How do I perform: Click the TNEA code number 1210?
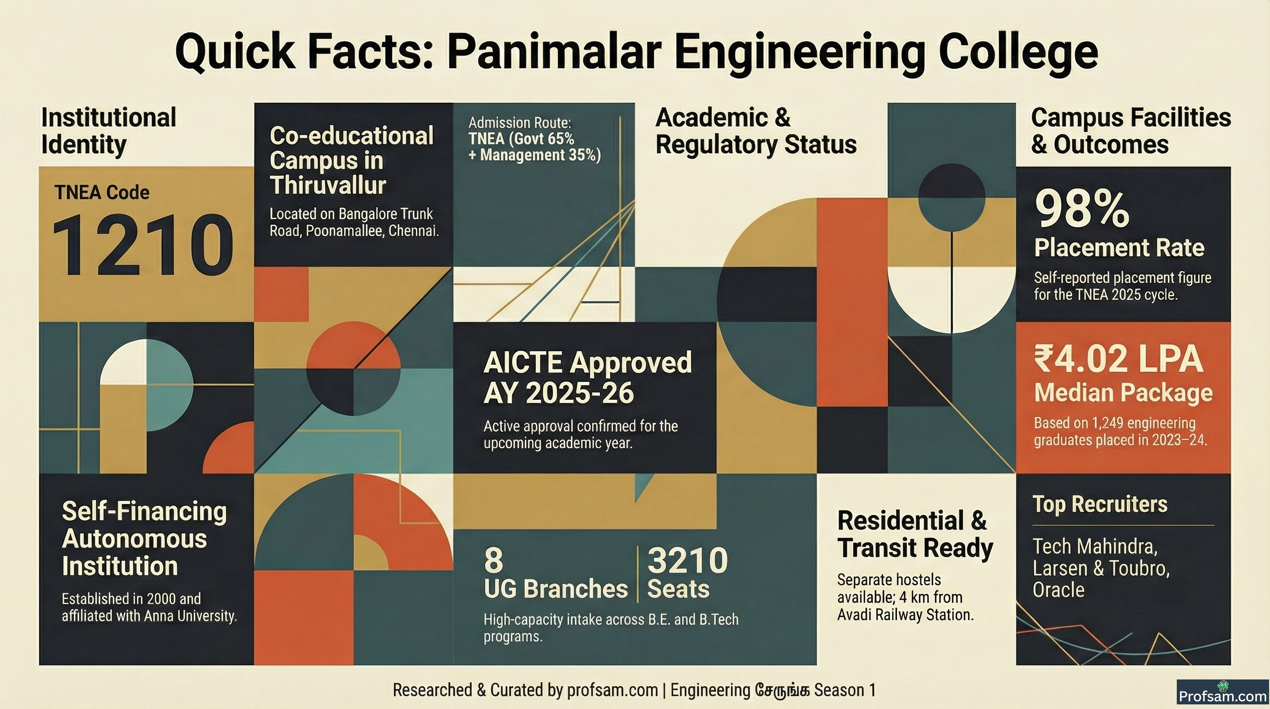point(143,245)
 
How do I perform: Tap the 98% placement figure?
point(1082,209)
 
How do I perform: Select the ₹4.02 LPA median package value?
point(1118,359)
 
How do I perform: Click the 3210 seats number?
point(687,560)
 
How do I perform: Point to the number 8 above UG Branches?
point(493,560)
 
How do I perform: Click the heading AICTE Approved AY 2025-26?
point(587,378)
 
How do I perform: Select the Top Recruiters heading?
point(1100,504)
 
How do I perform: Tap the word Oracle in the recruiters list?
point(1059,590)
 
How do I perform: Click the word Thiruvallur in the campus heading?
point(327,186)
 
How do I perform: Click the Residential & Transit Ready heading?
point(915,535)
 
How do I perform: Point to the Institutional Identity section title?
point(108,131)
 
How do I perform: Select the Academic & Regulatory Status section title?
point(756,131)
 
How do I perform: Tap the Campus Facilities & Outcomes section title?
point(1131,131)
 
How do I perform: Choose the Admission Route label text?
point(520,122)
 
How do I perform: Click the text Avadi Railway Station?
point(905,615)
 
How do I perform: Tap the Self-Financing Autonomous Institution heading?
point(144,538)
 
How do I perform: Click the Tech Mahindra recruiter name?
point(1095,547)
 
